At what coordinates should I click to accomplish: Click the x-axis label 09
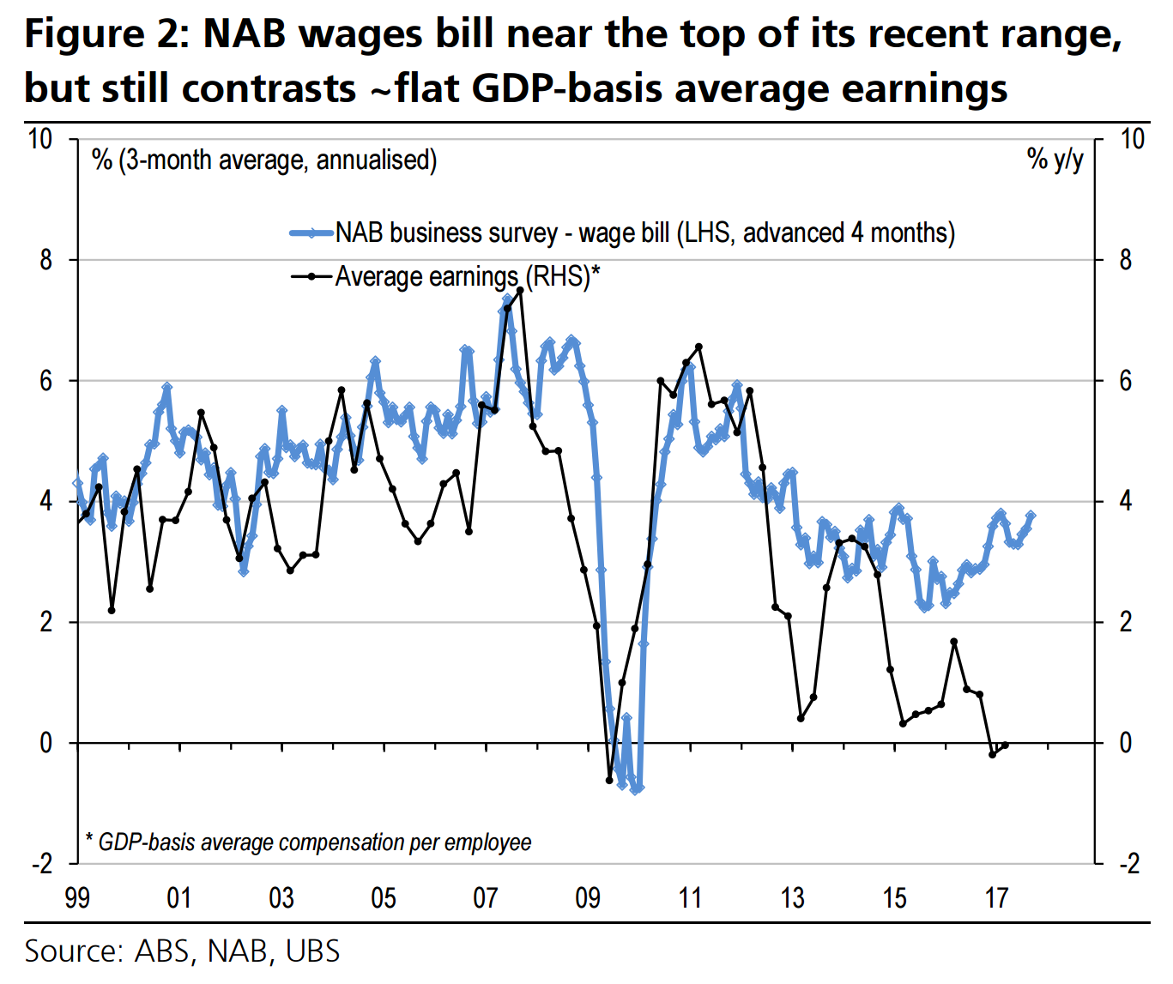(x=588, y=898)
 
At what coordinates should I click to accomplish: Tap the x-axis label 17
(x=996, y=898)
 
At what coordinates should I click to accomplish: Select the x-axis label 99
(x=77, y=898)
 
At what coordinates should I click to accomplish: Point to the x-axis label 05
(x=384, y=898)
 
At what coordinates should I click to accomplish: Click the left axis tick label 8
(x=46, y=260)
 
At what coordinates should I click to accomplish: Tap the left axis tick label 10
(x=40, y=139)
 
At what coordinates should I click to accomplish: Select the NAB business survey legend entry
(x=644, y=232)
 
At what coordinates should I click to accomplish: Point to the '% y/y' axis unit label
(x=1055, y=159)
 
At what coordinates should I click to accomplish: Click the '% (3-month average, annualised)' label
(x=264, y=160)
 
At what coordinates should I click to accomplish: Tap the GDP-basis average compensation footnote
(x=309, y=842)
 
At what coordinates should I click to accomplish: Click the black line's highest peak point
(x=520, y=290)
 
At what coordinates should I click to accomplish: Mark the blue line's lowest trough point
(x=636, y=789)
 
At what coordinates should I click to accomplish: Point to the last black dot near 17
(x=1005, y=745)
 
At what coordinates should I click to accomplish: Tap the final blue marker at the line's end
(x=1031, y=516)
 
